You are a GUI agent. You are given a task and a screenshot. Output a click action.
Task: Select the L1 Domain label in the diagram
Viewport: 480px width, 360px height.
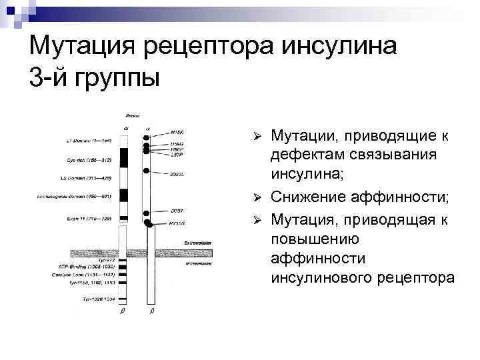(75, 141)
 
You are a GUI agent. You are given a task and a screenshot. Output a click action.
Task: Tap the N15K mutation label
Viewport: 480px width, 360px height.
(177, 133)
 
